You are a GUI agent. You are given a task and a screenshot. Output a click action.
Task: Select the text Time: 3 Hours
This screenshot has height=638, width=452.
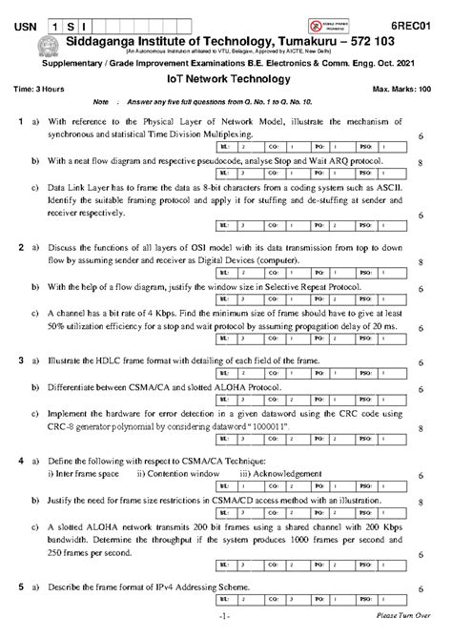point(39,88)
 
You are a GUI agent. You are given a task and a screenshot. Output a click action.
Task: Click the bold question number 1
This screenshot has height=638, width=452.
point(20,123)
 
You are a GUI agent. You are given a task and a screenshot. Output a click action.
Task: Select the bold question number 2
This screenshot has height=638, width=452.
point(20,249)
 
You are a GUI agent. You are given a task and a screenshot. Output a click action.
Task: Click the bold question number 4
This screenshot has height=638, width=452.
point(20,461)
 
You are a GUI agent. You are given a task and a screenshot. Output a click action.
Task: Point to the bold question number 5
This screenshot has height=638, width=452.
point(20,586)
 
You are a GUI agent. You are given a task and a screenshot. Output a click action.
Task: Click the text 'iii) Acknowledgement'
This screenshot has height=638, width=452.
point(282,474)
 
